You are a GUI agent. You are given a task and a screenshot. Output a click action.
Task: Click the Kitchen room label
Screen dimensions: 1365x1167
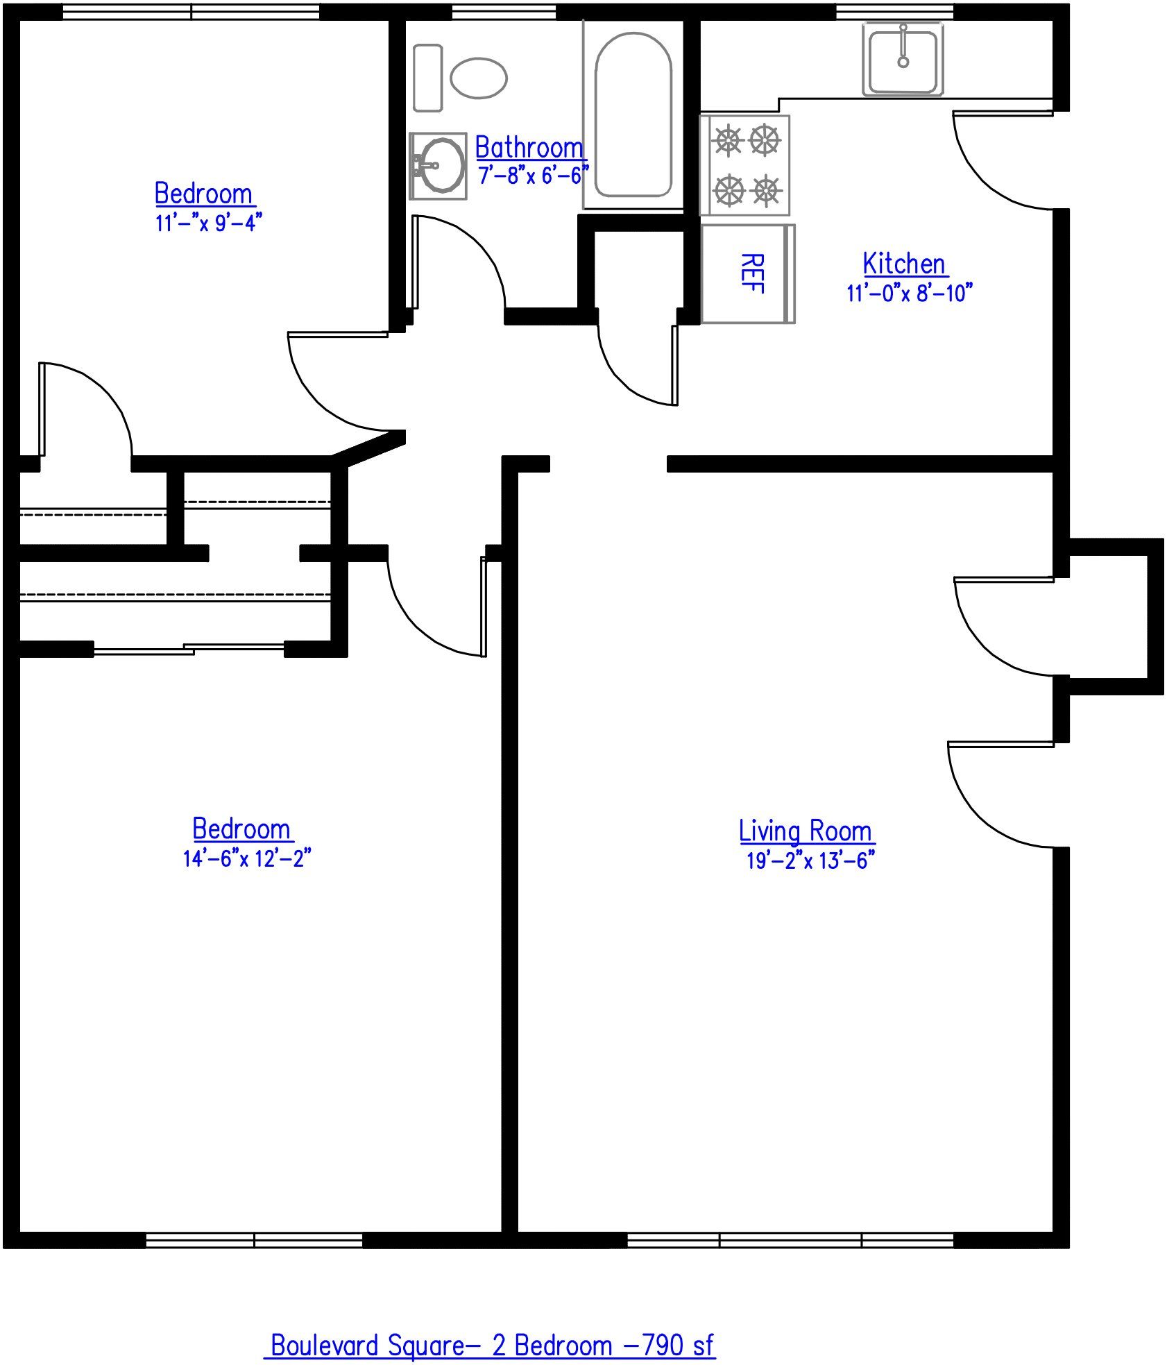(x=904, y=264)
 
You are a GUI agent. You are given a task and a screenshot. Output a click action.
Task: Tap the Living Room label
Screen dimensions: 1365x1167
(x=805, y=831)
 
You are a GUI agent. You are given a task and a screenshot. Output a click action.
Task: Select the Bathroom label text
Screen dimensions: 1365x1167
(x=529, y=148)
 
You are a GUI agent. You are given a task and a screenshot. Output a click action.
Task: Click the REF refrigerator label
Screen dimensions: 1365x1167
(x=752, y=273)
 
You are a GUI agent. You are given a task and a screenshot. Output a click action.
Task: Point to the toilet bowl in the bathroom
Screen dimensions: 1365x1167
(x=478, y=78)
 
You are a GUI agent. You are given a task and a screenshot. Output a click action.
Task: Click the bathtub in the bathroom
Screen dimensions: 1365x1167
(x=633, y=115)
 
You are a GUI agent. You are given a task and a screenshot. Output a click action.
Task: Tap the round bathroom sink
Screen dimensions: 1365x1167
(x=441, y=165)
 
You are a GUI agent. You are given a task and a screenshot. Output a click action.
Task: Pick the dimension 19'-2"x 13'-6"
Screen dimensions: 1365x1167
(x=810, y=860)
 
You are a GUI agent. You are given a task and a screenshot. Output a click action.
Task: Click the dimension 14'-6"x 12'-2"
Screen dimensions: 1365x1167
(x=246, y=858)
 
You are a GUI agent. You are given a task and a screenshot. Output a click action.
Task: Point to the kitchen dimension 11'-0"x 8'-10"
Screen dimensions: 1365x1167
(x=909, y=293)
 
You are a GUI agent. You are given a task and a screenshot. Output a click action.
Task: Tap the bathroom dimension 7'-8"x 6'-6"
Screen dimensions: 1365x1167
(x=533, y=175)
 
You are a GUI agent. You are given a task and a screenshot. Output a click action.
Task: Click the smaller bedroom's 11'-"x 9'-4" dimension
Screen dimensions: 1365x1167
(x=208, y=223)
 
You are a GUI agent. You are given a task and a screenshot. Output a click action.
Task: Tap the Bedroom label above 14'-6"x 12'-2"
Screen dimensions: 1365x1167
(x=241, y=829)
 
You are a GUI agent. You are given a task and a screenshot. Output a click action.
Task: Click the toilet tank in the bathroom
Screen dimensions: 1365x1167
(x=427, y=78)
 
